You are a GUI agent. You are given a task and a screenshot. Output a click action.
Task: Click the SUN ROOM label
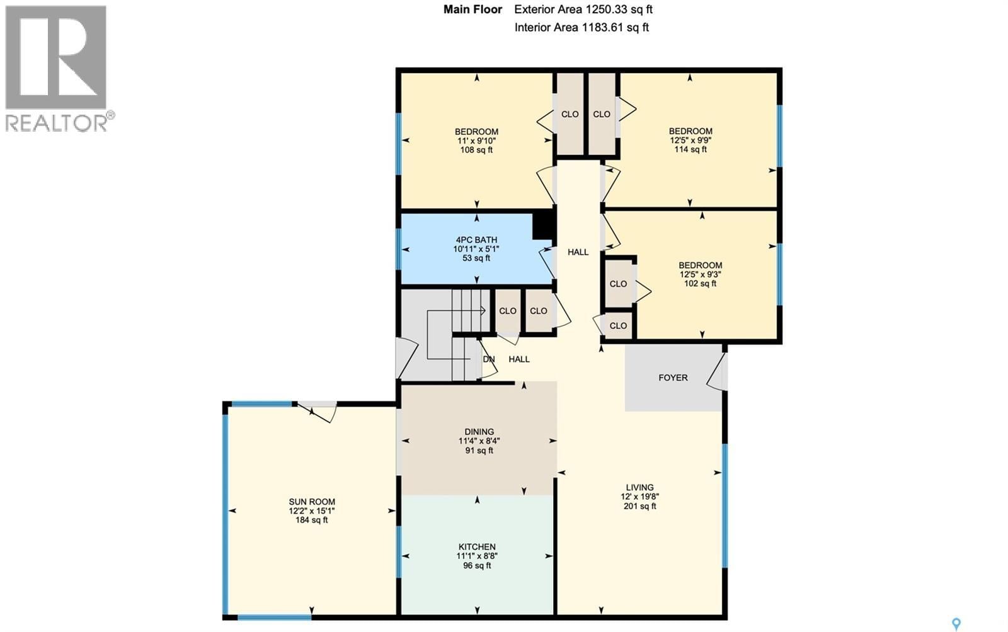click(x=312, y=502)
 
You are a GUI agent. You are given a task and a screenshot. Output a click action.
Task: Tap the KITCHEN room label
click(x=477, y=546)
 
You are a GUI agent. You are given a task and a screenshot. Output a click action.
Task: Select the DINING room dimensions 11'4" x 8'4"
click(x=479, y=441)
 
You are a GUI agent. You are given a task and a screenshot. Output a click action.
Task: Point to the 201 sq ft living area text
click(x=639, y=506)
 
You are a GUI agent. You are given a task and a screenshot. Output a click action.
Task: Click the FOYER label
click(x=673, y=377)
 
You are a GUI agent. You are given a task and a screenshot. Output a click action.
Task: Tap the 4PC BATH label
click(x=476, y=239)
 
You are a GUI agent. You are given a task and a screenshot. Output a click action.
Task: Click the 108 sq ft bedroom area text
click(x=476, y=150)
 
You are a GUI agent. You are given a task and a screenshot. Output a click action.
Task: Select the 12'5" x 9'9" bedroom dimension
click(x=690, y=141)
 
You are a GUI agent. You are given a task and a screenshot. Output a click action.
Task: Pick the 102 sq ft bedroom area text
click(x=700, y=284)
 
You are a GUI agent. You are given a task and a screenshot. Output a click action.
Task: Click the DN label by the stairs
click(x=489, y=359)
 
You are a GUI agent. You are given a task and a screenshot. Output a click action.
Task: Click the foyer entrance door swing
click(x=716, y=373)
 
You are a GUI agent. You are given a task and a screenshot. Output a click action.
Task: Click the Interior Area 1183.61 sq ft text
click(x=581, y=27)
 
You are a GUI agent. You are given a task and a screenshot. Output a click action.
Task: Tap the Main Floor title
click(x=472, y=9)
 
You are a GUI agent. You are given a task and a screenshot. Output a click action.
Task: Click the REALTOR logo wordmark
click(x=57, y=122)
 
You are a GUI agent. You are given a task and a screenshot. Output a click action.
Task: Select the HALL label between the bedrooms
click(x=578, y=252)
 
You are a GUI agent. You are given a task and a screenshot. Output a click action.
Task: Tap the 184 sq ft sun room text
click(x=312, y=520)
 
